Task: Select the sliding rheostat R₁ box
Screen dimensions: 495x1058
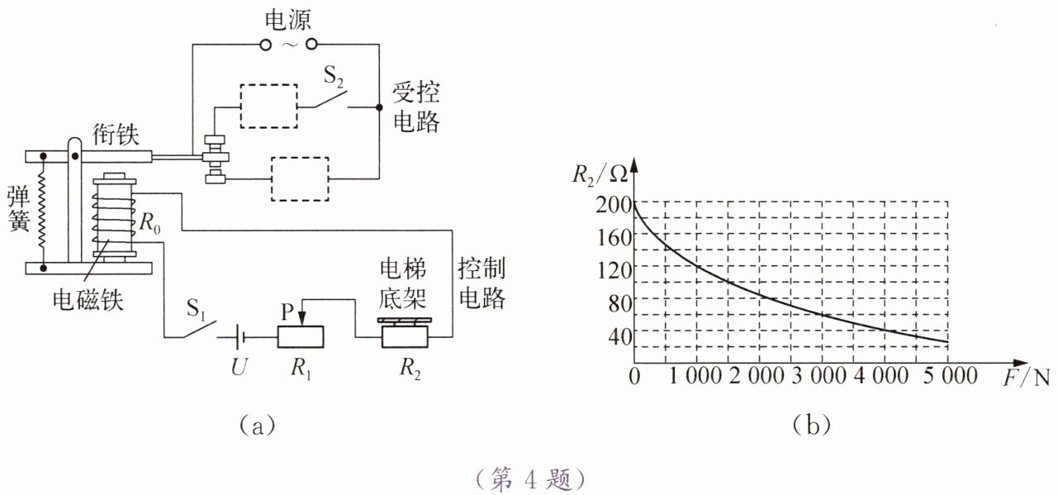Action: (299, 337)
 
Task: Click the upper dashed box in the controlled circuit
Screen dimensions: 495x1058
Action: (268, 106)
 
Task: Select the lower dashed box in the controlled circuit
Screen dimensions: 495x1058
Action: (299, 178)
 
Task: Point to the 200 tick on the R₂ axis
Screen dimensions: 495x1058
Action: (610, 201)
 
